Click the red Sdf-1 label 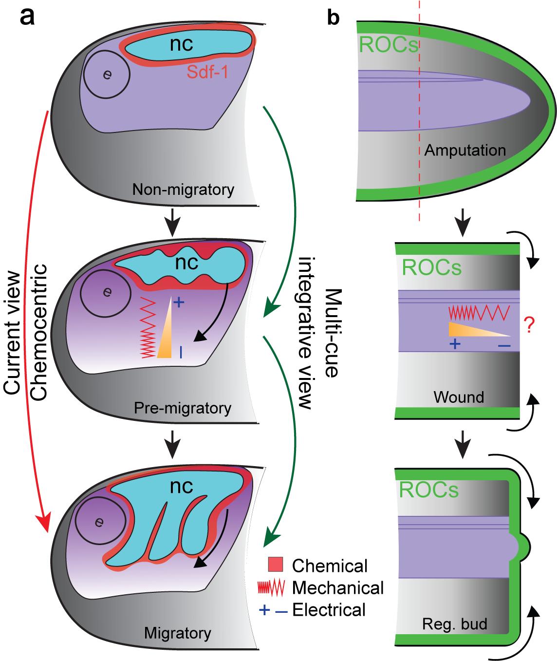(x=207, y=72)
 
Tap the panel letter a (x=27, y=17)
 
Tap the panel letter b (x=333, y=18)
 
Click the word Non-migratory (x=183, y=189)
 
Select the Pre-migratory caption (x=183, y=408)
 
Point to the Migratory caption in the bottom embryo (x=178, y=633)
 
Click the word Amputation (x=465, y=150)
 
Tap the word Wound (x=459, y=397)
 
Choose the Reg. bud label (x=455, y=624)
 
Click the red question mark (x=529, y=325)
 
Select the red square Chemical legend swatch (x=276, y=564)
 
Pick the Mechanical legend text (x=338, y=588)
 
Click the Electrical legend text (x=329, y=610)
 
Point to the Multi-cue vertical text (x=333, y=333)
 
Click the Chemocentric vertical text (x=39, y=332)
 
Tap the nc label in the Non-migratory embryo (x=182, y=44)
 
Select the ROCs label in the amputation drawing (x=389, y=45)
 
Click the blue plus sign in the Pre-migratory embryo (x=179, y=302)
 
